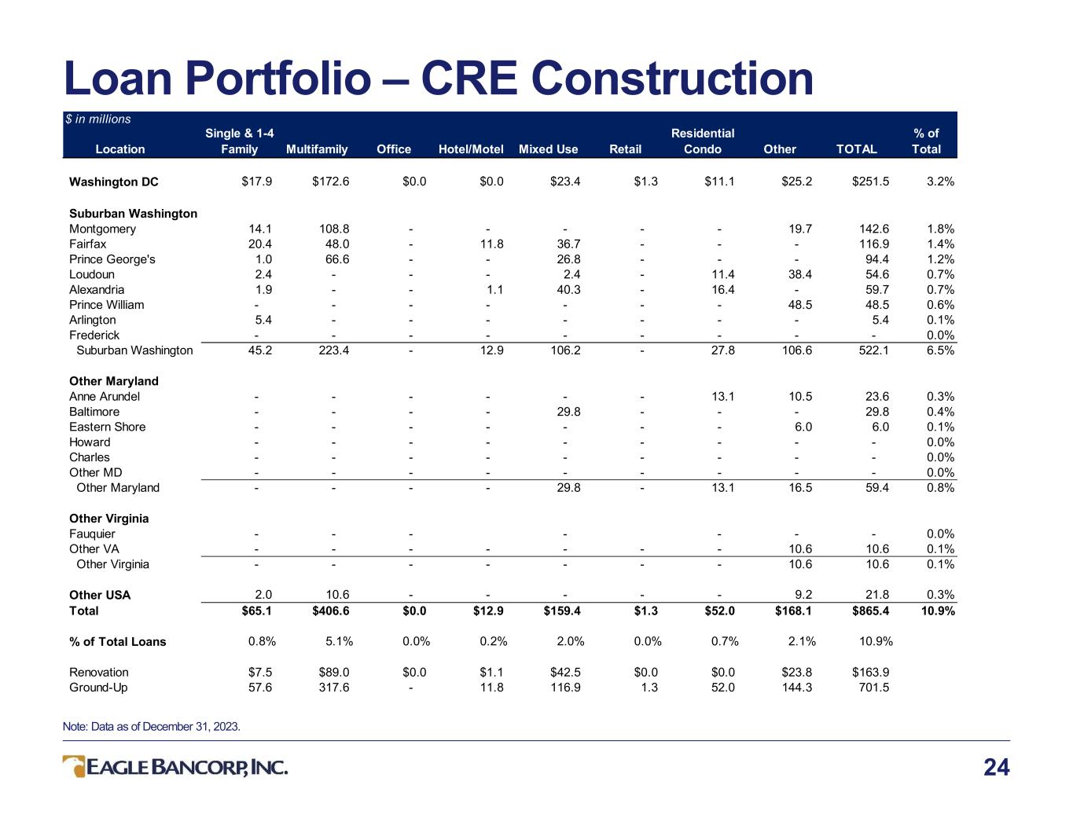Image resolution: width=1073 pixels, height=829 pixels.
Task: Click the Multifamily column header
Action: (317, 149)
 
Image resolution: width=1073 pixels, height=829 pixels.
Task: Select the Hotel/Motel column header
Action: (471, 149)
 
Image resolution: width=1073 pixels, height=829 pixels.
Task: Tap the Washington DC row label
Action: (113, 182)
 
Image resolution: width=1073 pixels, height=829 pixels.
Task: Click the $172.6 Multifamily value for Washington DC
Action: (330, 182)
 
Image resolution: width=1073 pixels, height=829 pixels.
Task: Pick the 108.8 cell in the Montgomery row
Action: (334, 229)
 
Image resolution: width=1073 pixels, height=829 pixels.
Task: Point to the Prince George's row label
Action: (112, 259)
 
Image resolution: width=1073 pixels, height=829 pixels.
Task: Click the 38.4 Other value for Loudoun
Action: (800, 274)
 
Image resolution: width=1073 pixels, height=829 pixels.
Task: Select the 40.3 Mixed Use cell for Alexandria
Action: (568, 290)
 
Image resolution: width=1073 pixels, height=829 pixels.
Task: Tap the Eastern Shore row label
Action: (107, 427)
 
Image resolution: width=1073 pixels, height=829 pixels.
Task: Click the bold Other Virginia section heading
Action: (108, 519)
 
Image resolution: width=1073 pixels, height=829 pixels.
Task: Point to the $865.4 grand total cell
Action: (870, 611)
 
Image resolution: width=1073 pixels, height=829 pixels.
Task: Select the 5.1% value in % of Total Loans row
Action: (339, 641)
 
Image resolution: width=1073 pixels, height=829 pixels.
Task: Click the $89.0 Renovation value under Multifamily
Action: (334, 672)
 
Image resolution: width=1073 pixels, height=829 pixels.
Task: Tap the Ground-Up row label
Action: (98, 688)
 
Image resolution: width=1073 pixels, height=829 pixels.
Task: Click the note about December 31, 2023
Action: (151, 726)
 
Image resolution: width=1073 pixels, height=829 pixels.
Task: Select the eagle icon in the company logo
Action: (74, 766)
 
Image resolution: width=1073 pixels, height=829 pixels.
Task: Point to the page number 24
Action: (997, 768)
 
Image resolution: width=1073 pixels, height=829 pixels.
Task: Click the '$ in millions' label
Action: (98, 119)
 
